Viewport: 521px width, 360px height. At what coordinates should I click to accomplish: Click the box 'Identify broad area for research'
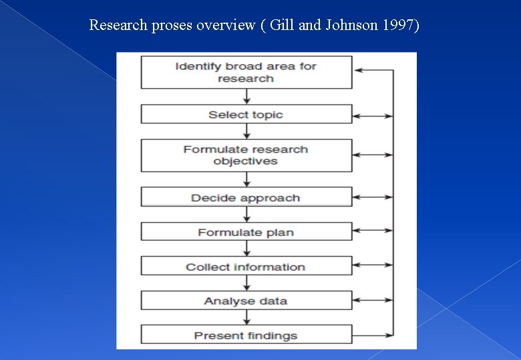click(x=246, y=72)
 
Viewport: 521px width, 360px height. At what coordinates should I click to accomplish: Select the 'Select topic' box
click(x=246, y=115)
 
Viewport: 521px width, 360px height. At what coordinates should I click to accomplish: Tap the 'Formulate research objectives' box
click(x=246, y=155)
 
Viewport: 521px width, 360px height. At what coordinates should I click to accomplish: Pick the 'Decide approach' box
click(x=246, y=197)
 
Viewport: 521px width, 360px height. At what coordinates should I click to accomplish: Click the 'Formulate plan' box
click(x=246, y=232)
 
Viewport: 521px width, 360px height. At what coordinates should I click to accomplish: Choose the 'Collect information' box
click(x=246, y=267)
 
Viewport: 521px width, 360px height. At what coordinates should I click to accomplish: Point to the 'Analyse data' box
click(x=246, y=301)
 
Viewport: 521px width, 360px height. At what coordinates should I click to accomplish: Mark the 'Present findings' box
click(x=246, y=335)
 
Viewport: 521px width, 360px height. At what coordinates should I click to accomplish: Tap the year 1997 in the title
click(x=399, y=25)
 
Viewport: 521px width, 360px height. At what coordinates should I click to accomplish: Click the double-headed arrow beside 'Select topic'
click(x=373, y=116)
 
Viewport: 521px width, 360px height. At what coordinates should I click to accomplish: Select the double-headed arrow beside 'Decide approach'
click(x=373, y=197)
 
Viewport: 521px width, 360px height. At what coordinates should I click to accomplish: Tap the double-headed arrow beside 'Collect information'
click(x=373, y=265)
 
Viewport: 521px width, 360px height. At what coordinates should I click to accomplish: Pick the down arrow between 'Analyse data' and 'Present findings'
click(x=246, y=317)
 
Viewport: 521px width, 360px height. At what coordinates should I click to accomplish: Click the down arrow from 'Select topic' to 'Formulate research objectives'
click(x=246, y=131)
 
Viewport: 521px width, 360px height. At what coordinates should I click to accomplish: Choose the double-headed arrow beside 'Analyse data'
click(x=373, y=299)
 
